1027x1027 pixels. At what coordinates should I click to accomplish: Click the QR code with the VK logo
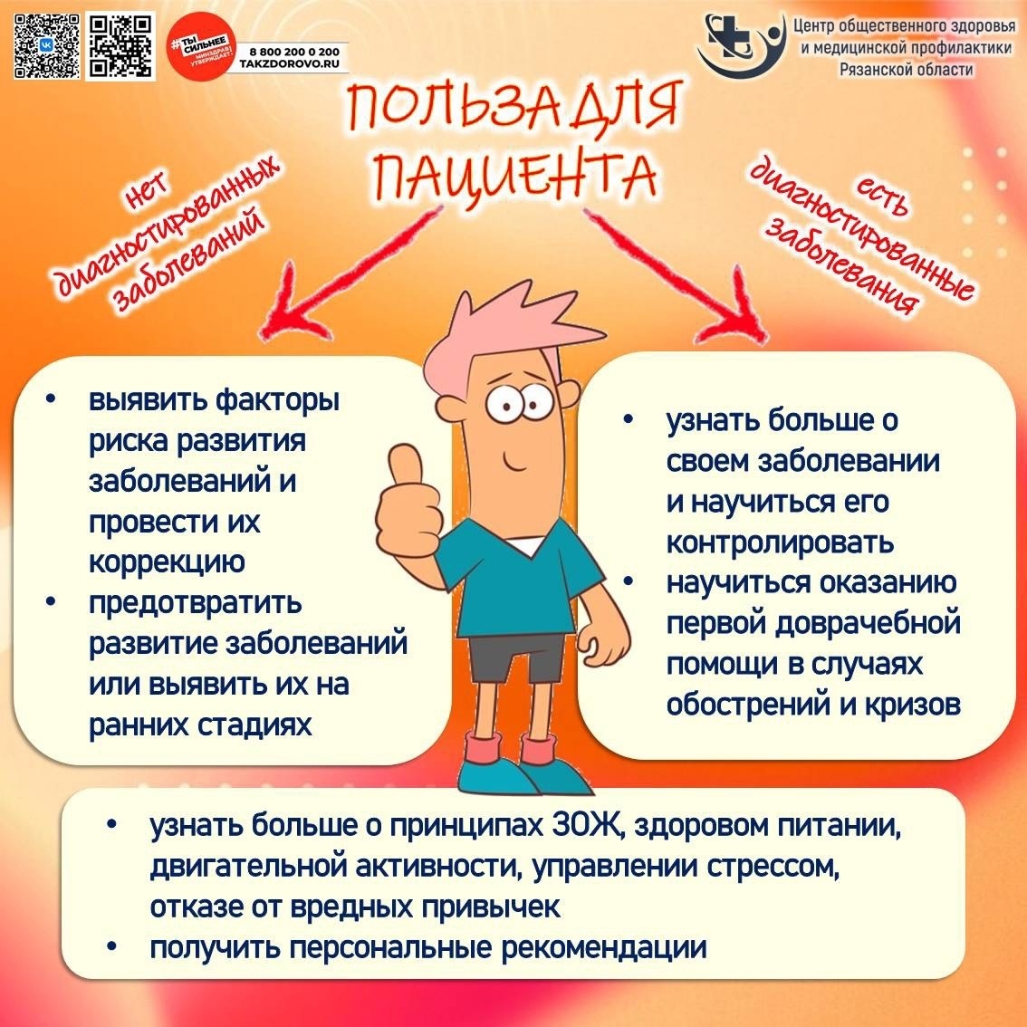(x=46, y=46)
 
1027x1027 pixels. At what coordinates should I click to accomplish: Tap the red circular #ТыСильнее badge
(x=200, y=46)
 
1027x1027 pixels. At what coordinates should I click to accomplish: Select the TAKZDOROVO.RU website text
(x=290, y=64)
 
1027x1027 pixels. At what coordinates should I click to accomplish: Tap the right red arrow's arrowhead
(x=737, y=309)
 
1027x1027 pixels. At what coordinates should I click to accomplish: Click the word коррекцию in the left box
(x=167, y=562)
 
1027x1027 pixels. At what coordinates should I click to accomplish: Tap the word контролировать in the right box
(x=780, y=542)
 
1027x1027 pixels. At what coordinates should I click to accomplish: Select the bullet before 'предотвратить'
(x=51, y=600)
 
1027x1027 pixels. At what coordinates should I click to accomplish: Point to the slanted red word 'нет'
(x=148, y=192)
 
